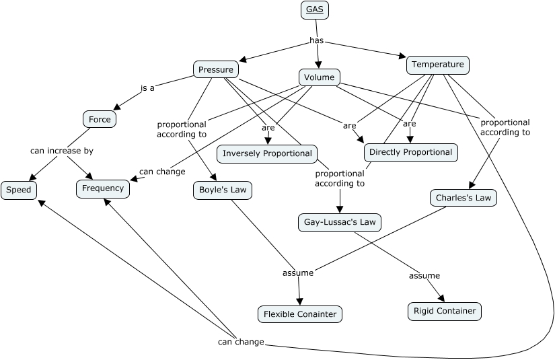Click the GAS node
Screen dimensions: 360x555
[x=314, y=9]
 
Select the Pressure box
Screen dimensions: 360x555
[x=215, y=69]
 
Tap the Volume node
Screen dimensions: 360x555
[x=319, y=77]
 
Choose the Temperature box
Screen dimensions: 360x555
[x=437, y=65]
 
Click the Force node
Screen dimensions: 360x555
[x=100, y=120]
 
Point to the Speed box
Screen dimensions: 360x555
[x=18, y=190]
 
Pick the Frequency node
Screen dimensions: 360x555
[x=103, y=188]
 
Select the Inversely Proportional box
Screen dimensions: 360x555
[x=267, y=153]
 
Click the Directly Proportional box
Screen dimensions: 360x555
[x=410, y=152]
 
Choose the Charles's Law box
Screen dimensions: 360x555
[x=464, y=198]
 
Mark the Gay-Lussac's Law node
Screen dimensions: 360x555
[x=340, y=222]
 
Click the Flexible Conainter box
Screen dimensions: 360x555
[x=300, y=314]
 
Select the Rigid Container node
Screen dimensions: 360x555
[x=445, y=310]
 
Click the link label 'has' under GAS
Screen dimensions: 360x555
[x=316, y=40]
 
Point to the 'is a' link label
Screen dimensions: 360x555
[x=147, y=87]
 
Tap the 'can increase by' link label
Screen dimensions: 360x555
[x=61, y=151]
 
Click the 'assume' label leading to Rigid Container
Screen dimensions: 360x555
[x=424, y=275]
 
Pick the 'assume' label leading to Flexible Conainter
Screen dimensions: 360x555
[x=297, y=273]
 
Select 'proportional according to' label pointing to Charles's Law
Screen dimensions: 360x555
[x=505, y=127]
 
